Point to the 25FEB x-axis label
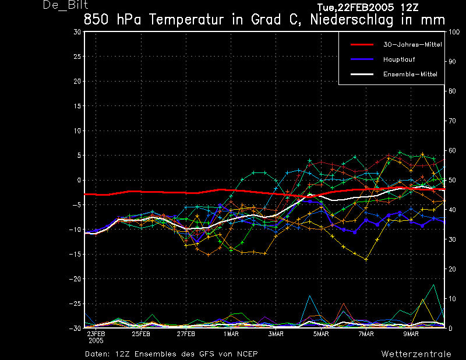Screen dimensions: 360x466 coord(141,334)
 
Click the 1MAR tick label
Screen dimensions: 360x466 coord(231,334)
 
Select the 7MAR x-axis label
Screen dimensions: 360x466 coord(366,334)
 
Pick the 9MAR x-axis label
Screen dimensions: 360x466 coord(411,334)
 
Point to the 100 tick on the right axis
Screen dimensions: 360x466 coord(454,32)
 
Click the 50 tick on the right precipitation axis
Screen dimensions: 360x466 coord(452,180)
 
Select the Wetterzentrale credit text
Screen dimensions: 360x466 coord(416,354)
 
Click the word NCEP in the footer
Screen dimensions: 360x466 coord(245,354)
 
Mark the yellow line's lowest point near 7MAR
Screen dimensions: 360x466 coord(366,259)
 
